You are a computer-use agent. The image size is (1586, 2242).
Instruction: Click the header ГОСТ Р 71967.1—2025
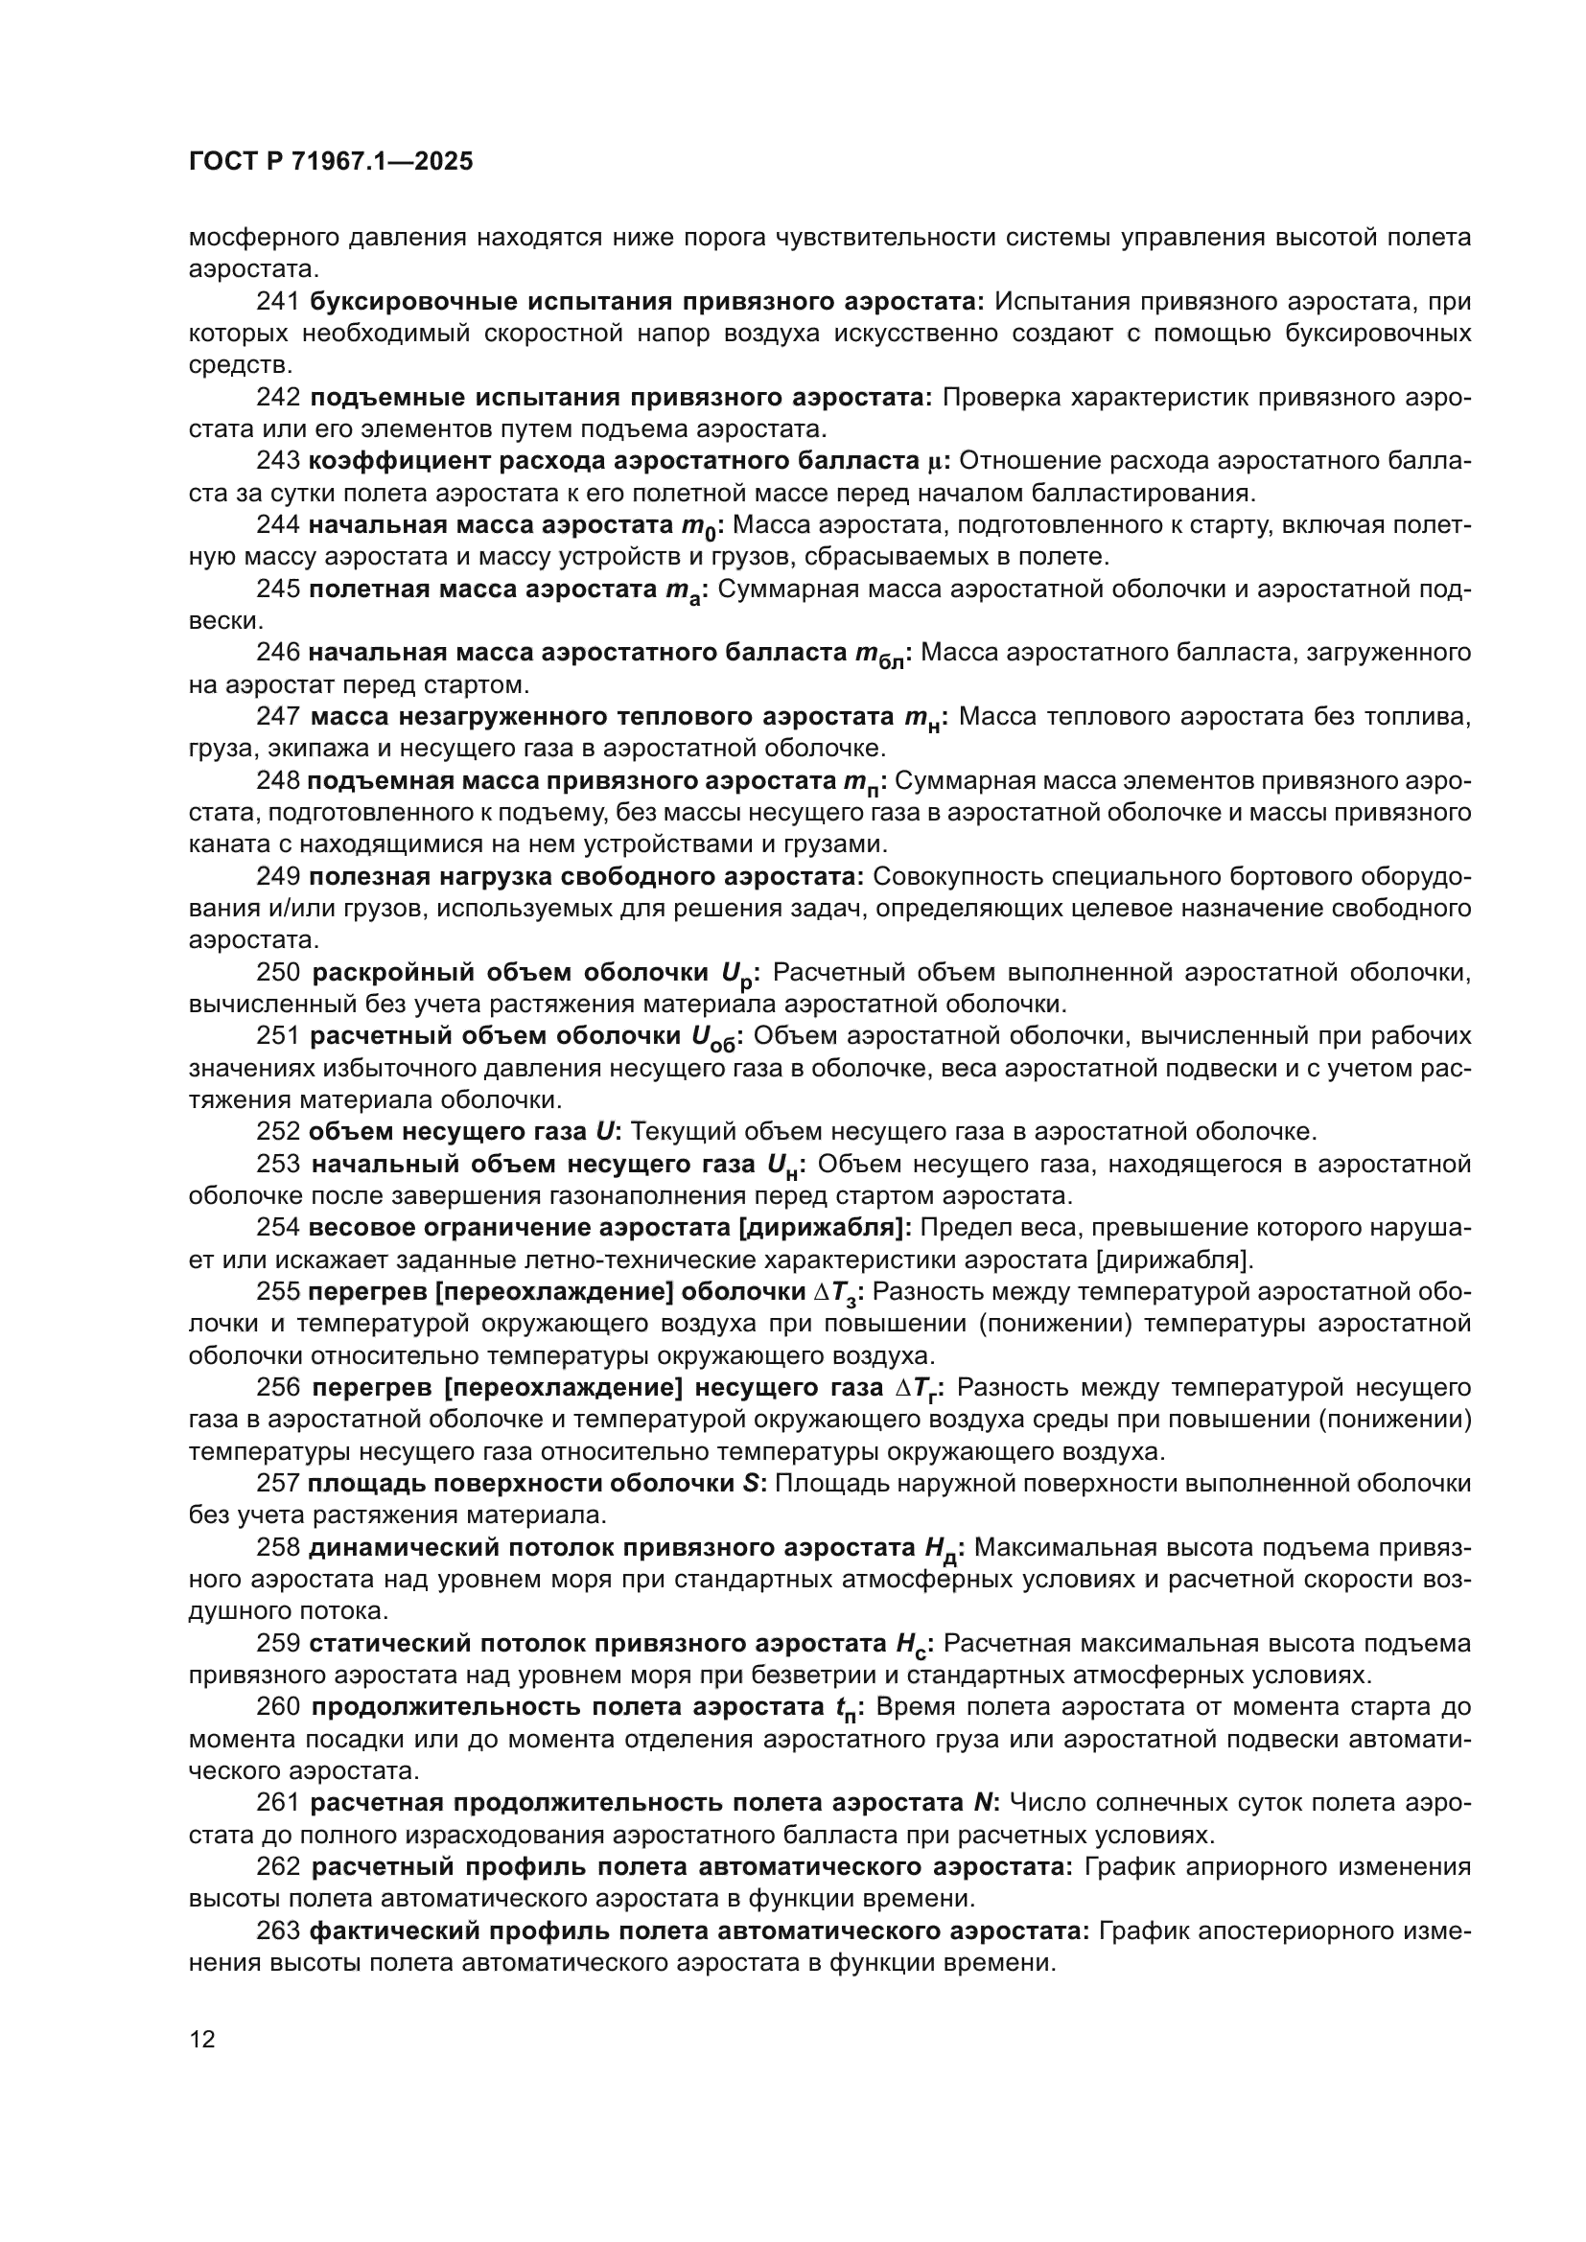tap(330, 162)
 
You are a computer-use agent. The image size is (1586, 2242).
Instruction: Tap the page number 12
tap(202, 2039)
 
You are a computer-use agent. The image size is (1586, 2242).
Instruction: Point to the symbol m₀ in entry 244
tap(698, 526)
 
